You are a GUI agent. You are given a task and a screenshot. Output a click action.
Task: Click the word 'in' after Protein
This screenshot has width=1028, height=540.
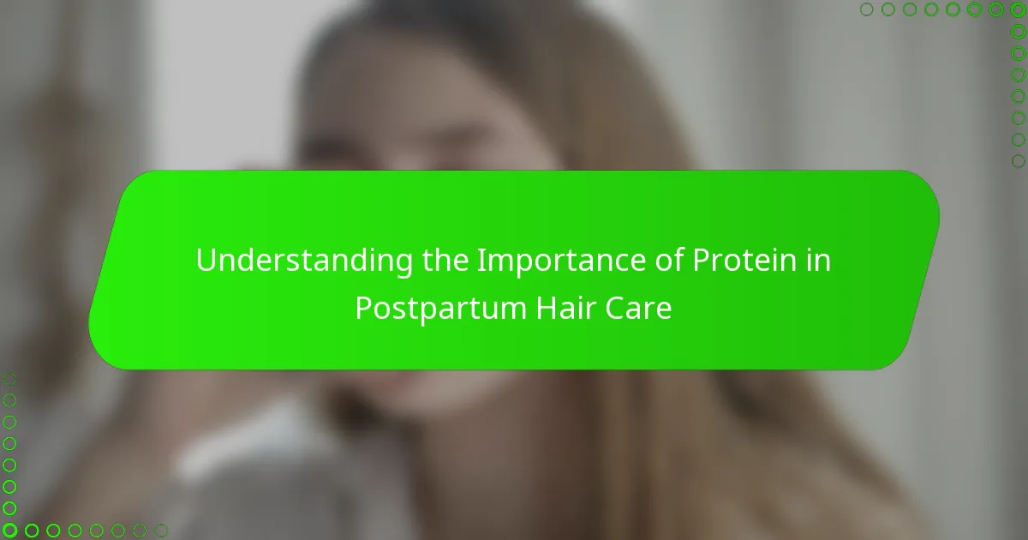pyautogui.click(x=817, y=261)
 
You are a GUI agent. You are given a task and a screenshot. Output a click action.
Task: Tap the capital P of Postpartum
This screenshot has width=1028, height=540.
pyautogui.click(x=363, y=309)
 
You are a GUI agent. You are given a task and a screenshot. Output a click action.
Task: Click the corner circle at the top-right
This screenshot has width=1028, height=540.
pyautogui.click(x=1018, y=9)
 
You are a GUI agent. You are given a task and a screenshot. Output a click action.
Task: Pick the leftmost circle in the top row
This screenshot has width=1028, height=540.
pyautogui.click(x=866, y=9)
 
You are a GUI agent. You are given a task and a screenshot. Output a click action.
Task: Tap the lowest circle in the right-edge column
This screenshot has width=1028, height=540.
pyautogui.click(x=1018, y=160)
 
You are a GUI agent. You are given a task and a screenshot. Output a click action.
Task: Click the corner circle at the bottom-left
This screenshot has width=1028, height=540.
pyautogui.click(x=9, y=531)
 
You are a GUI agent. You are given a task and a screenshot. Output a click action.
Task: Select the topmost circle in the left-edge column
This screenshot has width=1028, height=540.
pyautogui.click(x=9, y=378)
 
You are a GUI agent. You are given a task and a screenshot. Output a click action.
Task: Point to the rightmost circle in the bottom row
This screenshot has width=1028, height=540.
pyautogui.click(x=160, y=531)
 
